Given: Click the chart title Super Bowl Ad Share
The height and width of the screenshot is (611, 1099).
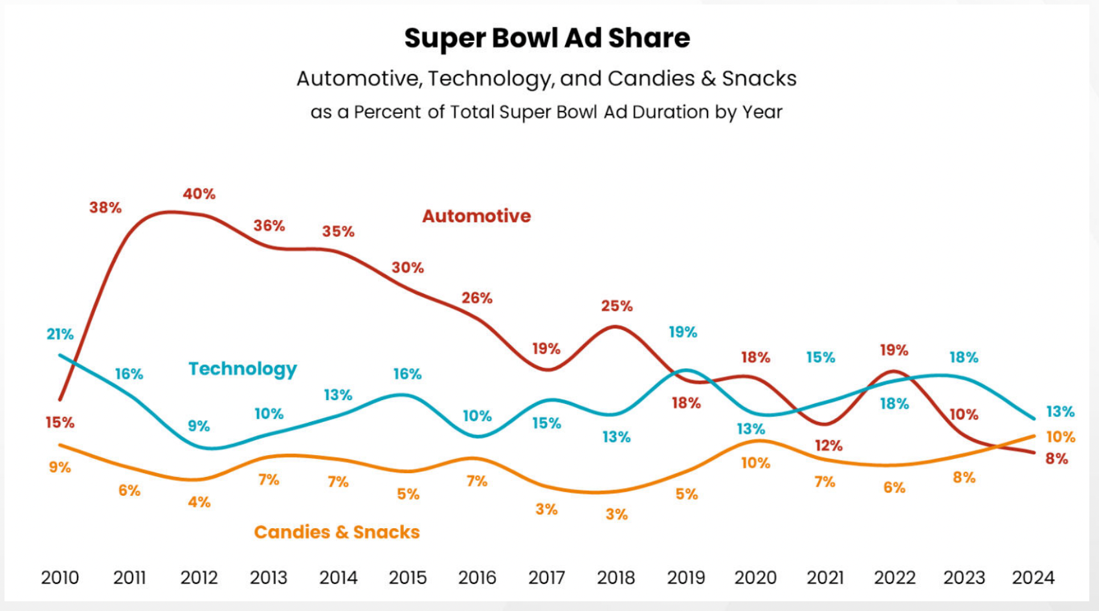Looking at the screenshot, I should pyautogui.click(x=547, y=38).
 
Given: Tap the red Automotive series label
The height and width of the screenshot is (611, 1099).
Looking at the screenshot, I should pyautogui.click(x=476, y=216).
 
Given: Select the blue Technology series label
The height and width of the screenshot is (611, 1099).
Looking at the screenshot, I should pyautogui.click(x=243, y=369).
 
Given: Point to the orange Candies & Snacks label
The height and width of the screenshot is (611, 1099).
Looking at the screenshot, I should pyautogui.click(x=337, y=532).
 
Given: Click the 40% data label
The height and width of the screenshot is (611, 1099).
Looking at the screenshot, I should pyautogui.click(x=199, y=194).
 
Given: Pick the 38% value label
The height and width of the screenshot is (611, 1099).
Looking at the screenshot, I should pyautogui.click(x=105, y=208).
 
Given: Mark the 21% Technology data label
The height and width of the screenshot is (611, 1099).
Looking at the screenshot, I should pyautogui.click(x=60, y=335).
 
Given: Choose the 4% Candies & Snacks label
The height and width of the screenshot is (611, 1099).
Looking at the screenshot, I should pyautogui.click(x=199, y=502).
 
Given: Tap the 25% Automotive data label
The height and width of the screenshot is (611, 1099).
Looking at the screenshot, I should pyautogui.click(x=617, y=306).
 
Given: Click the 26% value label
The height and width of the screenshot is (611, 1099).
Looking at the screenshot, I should pyautogui.click(x=477, y=298).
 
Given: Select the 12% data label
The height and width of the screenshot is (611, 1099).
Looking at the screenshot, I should pyautogui.click(x=828, y=446).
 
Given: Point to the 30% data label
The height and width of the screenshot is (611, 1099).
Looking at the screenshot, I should pyautogui.click(x=408, y=268).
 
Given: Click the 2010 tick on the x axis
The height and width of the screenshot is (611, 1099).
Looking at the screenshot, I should pyautogui.click(x=60, y=577).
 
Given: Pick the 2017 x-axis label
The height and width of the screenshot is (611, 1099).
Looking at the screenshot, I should pyautogui.click(x=547, y=577).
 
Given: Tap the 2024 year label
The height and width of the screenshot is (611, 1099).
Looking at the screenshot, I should pyautogui.click(x=1033, y=577).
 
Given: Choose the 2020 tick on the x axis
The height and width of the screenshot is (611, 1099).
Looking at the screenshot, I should pyautogui.click(x=755, y=577).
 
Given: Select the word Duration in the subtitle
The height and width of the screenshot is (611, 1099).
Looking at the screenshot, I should pyautogui.click(x=671, y=113).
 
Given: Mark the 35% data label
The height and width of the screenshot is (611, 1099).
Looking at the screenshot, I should pyautogui.click(x=339, y=232).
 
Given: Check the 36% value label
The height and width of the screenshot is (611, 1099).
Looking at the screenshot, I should pyautogui.click(x=269, y=226).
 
